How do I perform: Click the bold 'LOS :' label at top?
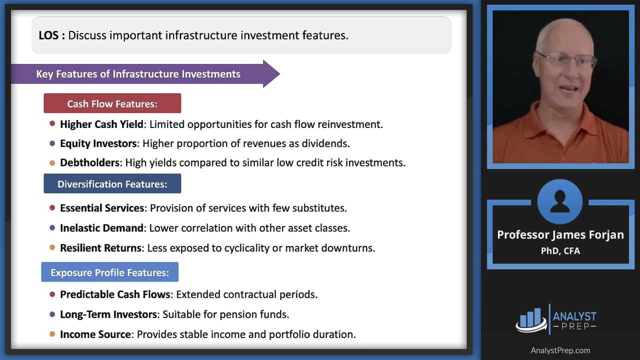click(x=51, y=35)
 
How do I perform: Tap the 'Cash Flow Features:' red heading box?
click(x=112, y=103)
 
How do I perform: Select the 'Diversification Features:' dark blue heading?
click(x=112, y=184)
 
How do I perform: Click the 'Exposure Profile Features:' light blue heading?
click(x=109, y=272)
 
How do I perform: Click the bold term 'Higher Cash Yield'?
click(x=101, y=124)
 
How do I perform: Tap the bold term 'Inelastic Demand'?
click(x=101, y=228)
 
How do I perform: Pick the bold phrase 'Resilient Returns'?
click(x=100, y=248)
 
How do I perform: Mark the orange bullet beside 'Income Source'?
click(x=52, y=334)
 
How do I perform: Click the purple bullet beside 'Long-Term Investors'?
click(x=52, y=314)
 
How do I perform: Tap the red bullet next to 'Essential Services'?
click(x=52, y=207)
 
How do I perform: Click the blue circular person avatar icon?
click(x=559, y=202)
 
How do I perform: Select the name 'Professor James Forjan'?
click(x=560, y=234)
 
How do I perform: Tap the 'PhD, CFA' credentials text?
click(x=560, y=251)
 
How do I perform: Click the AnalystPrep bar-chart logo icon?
click(x=531, y=319)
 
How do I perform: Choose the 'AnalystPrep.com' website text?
click(x=560, y=350)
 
